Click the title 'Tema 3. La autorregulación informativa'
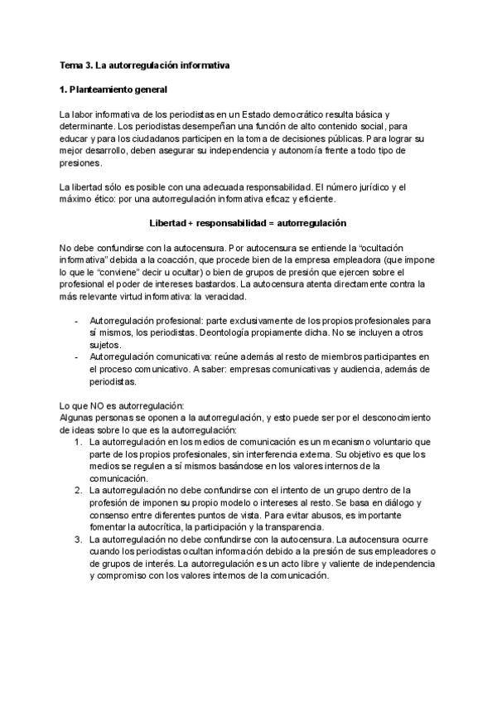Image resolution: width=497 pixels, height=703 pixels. pyautogui.click(x=145, y=64)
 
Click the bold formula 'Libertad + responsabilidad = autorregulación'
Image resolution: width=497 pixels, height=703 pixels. pyautogui.click(x=248, y=224)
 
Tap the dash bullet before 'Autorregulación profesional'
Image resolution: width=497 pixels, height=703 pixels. pyautogui.click(x=77, y=321)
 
